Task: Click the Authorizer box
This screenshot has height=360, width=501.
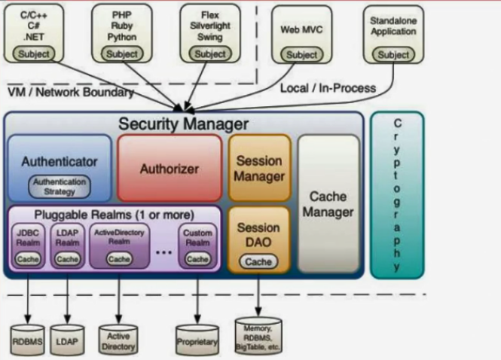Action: (170, 169)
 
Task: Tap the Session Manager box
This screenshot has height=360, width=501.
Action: (259, 169)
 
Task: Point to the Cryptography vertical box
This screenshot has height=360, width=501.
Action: (397, 194)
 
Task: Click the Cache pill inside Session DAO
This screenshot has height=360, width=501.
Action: (258, 261)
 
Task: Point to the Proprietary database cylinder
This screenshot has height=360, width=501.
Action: (197, 341)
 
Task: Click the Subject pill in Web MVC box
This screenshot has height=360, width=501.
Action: (302, 54)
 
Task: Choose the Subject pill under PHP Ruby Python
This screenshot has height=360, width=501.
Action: (121, 53)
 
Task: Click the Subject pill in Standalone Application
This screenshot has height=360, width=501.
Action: (393, 54)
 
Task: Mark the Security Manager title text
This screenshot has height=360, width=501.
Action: (183, 123)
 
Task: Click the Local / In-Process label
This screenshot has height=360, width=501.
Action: (327, 88)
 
